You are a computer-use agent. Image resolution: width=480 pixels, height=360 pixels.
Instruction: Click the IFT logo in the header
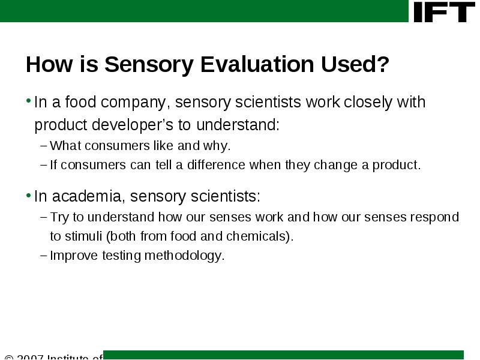tap(444, 12)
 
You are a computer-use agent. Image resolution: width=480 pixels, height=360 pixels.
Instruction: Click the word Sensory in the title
tap(149, 64)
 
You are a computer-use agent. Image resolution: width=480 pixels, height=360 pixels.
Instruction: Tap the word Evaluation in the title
tap(257, 64)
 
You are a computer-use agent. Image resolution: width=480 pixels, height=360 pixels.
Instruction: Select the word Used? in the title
tap(355, 64)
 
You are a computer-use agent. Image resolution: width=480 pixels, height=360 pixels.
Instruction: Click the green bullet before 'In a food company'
tap(28, 100)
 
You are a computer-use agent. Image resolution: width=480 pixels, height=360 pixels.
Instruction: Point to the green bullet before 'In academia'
tap(28, 194)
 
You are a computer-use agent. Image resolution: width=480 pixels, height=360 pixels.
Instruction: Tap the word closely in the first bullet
tap(368, 102)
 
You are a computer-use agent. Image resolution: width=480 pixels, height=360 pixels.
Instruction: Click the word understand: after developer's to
tap(238, 125)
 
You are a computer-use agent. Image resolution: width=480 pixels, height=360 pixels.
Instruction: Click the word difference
tap(216, 164)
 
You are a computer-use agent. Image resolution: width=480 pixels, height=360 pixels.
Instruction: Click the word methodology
tap(185, 256)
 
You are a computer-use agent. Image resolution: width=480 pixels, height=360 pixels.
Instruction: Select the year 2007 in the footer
tap(30, 356)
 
